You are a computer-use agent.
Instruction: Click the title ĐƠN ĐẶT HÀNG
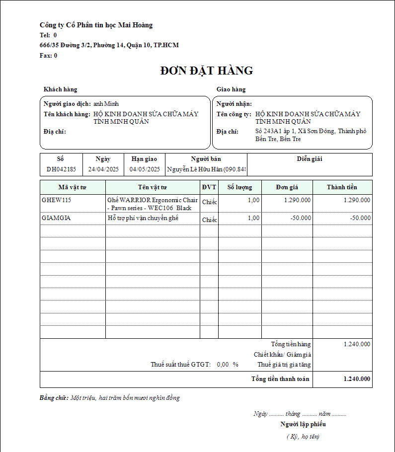pos(206,71)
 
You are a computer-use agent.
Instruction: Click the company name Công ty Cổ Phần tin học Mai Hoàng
pos(96,25)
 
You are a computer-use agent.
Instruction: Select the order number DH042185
pos(61,169)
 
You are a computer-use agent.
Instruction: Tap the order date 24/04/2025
pos(103,169)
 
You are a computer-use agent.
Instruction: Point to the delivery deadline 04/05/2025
pos(145,169)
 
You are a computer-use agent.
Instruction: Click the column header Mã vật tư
pos(73,187)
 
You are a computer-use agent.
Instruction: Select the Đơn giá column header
pos(287,187)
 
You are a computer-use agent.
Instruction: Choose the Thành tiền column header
pos(342,187)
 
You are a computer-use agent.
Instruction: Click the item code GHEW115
pos(57,200)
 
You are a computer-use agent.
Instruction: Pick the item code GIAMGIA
pos(56,218)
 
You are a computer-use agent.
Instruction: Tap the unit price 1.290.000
pos(298,200)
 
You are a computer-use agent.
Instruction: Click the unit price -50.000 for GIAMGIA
pos(301,218)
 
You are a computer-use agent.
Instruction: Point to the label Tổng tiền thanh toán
pos(280,379)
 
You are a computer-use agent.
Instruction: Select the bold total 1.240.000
pos(357,379)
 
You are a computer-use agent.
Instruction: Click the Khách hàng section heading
pos(60,89)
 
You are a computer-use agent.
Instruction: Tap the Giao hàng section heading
pos(231,89)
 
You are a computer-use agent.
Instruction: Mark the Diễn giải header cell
pos(310,159)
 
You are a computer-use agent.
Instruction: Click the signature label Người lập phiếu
pos(303,424)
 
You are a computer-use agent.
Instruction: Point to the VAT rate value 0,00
pos(223,365)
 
